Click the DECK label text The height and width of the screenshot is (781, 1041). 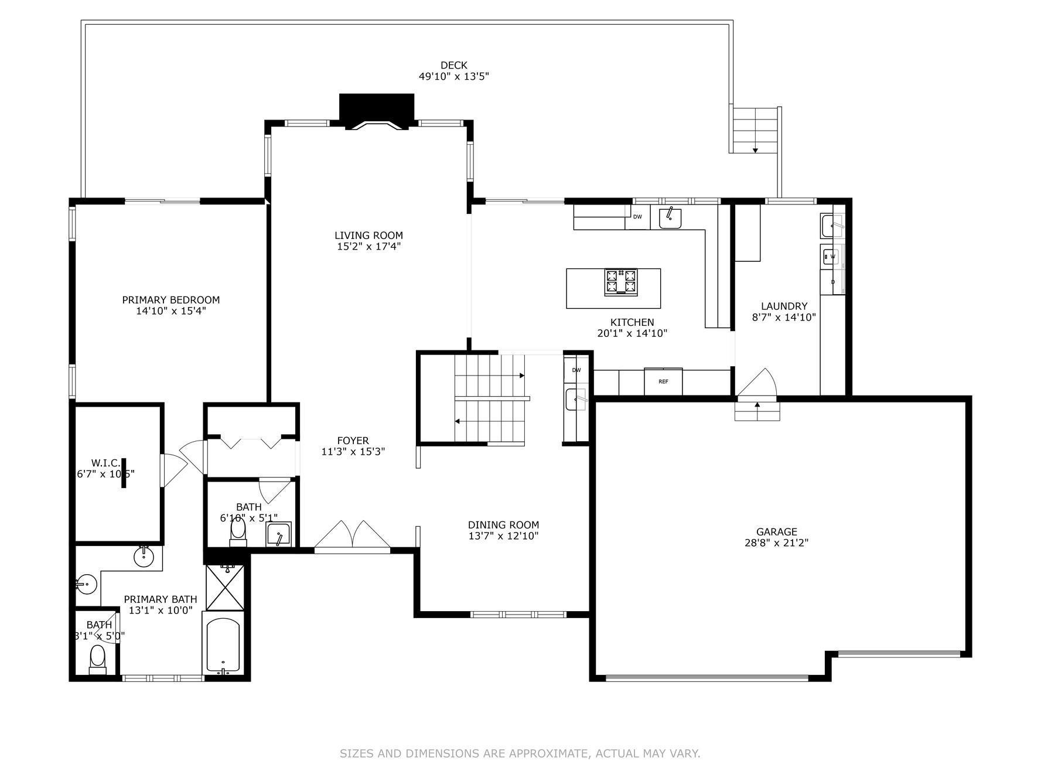pos(454,65)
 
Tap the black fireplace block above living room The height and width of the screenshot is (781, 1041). pos(377,108)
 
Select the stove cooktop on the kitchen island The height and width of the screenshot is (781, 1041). pos(621,281)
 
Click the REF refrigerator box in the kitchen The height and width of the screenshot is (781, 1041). pos(663,381)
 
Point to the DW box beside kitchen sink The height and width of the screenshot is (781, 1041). pos(637,217)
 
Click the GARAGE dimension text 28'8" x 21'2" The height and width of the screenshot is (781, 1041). pos(777,543)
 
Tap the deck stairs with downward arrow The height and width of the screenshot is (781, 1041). pos(755,130)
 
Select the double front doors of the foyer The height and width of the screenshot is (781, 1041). pos(352,536)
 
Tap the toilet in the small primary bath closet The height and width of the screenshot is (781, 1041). pos(97,659)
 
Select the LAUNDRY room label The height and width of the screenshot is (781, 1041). pos(784,306)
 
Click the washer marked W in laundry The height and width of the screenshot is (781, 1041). pos(832,257)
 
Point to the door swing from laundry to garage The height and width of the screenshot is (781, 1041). pos(757,383)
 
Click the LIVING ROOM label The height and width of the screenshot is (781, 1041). pos(368,236)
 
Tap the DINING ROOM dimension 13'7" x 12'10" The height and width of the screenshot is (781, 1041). pos(503,536)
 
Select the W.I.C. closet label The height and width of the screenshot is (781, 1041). pos(106,463)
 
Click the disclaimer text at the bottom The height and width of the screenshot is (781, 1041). pos(520,753)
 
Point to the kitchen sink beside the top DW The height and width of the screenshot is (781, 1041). pos(670,218)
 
